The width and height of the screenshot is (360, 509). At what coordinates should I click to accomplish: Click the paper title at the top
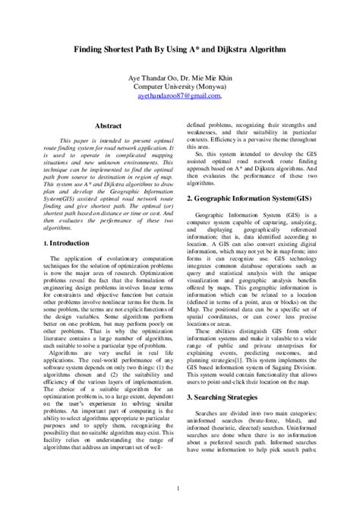point(179,48)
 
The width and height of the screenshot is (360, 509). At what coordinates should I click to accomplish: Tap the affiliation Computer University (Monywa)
point(179,87)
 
